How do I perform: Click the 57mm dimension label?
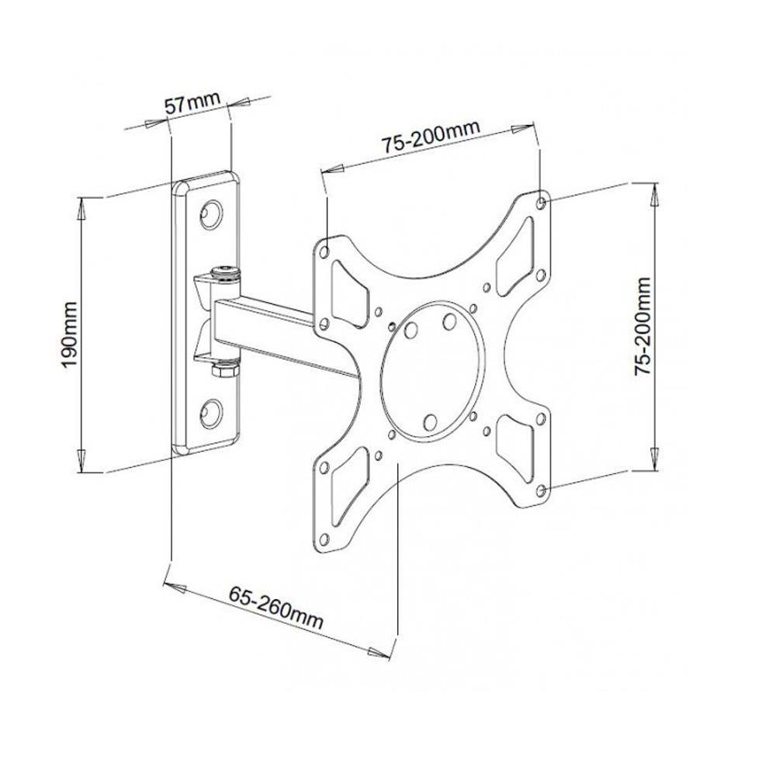click(192, 103)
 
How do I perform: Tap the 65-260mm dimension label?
click(276, 608)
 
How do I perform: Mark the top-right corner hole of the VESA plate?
click(541, 201)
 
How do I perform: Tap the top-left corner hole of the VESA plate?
click(325, 251)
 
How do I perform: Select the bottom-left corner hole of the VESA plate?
click(325, 467)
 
